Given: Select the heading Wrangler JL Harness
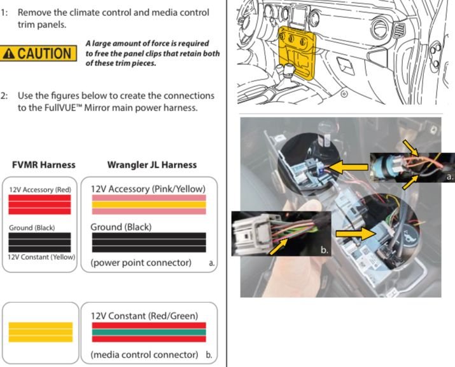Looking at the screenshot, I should click(x=152, y=164).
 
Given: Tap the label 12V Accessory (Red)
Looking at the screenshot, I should click(x=40, y=189).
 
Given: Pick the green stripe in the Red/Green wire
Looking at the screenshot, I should click(x=149, y=331).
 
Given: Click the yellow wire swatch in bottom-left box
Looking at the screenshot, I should click(x=40, y=331).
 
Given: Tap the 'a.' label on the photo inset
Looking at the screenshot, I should click(x=447, y=178).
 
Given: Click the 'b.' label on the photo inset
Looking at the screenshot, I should click(x=324, y=250).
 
